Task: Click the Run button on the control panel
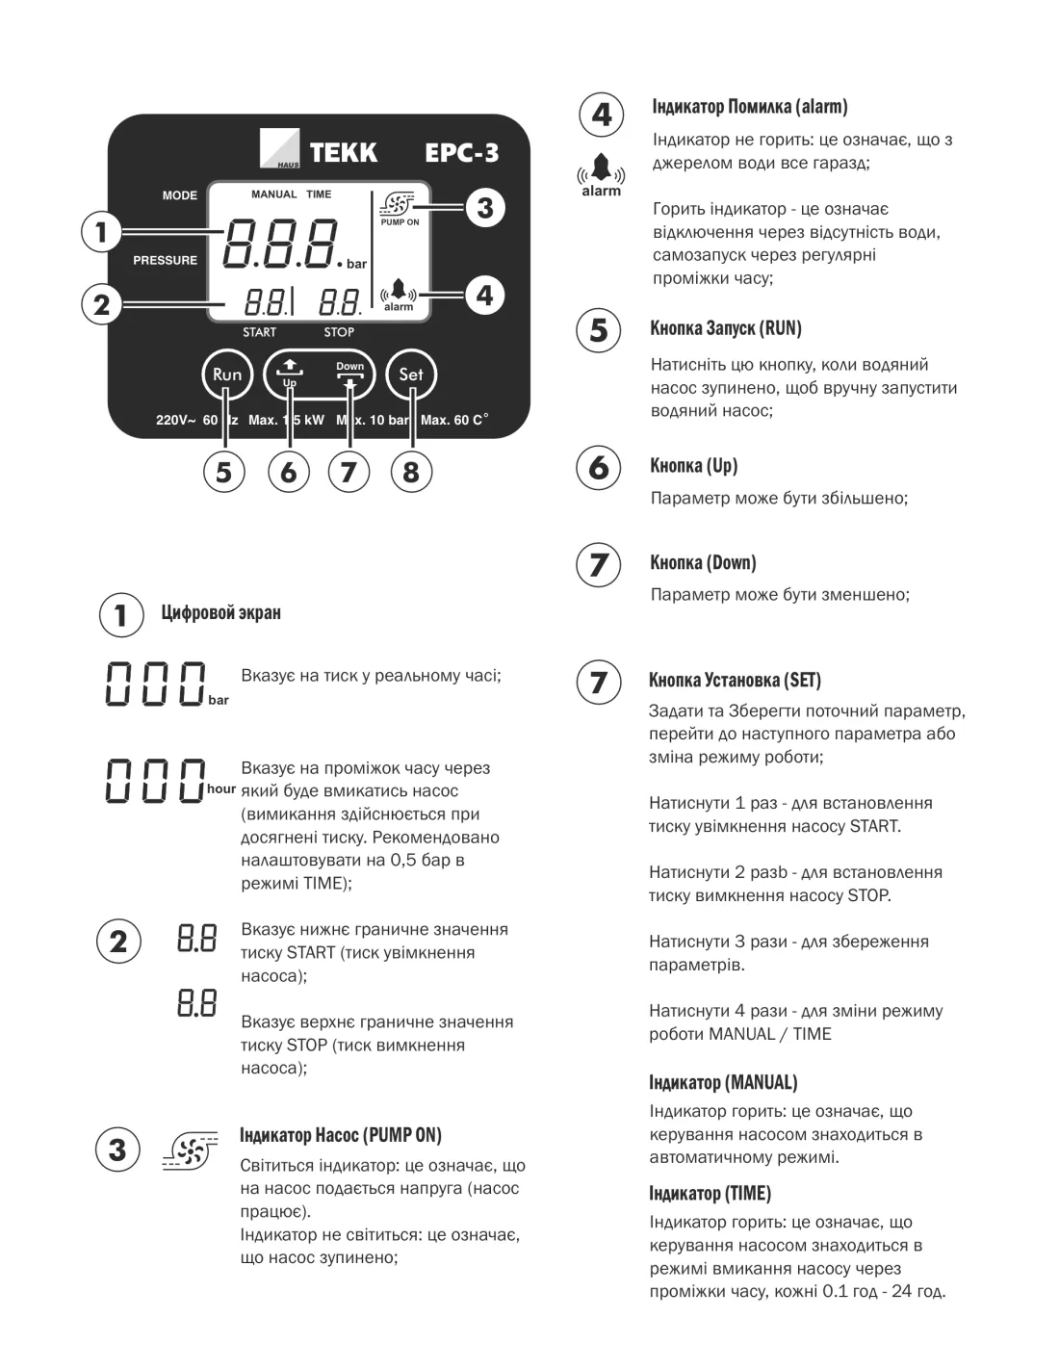pyautogui.click(x=227, y=375)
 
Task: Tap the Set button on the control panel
pyautogui.click(x=411, y=375)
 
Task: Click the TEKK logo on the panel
pyautogui.click(x=320, y=152)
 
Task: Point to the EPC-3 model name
pyautogui.click(x=462, y=152)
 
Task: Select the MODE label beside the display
pyautogui.click(x=180, y=195)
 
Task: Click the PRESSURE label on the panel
pyautogui.click(x=165, y=260)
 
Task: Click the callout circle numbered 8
pyautogui.click(x=411, y=472)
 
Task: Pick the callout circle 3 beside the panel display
pyautogui.click(x=484, y=208)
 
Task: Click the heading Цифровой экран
pyautogui.click(x=221, y=613)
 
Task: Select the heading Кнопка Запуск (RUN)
pyautogui.click(x=726, y=328)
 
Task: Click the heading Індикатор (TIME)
pyautogui.click(x=710, y=1194)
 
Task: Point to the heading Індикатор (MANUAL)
pyautogui.click(x=723, y=1082)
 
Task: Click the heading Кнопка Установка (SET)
pyautogui.click(x=735, y=681)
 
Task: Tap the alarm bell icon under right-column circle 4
pyautogui.click(x=602, y=170)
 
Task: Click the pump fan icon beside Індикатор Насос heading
pyautogui.click(x=186, y=1151)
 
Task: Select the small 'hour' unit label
pyautogui.click(x=220, y=788)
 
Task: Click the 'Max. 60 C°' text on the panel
pyautogui.click(x=454, y=421)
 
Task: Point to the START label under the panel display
pyautogui.click(x=259, y=332)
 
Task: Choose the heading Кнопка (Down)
pyautogui.click(x=703, y=563)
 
